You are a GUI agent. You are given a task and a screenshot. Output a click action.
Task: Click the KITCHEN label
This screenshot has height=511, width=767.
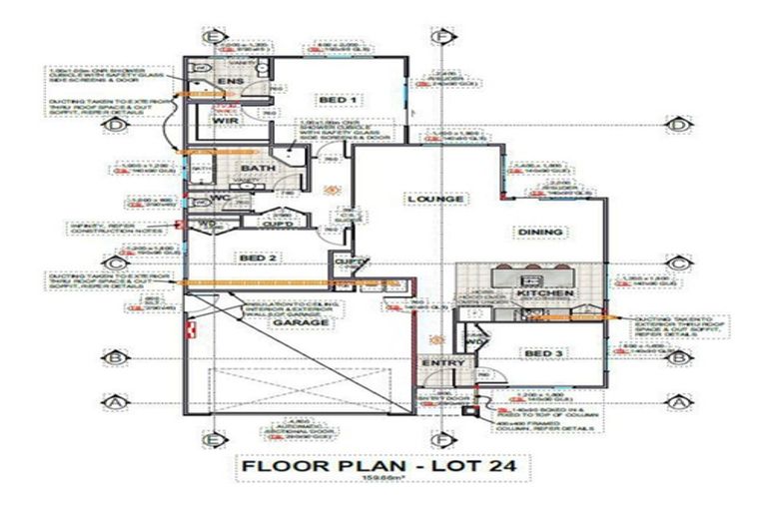[544, 293]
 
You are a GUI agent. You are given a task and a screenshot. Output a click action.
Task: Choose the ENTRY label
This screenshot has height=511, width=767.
[438, 362]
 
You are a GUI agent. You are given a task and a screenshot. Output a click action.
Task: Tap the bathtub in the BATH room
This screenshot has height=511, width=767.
[201, 169]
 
